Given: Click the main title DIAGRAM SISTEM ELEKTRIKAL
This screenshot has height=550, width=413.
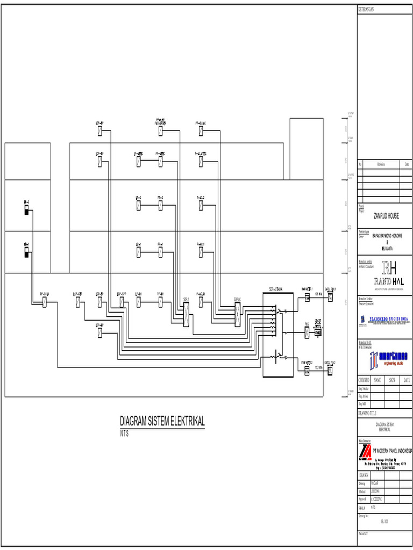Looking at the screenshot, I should (162, 421).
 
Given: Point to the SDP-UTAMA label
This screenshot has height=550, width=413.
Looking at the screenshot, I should (276, 290).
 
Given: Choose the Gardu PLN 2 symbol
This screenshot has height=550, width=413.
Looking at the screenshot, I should (331, 370).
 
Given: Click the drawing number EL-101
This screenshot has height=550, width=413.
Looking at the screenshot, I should (384, 521).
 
